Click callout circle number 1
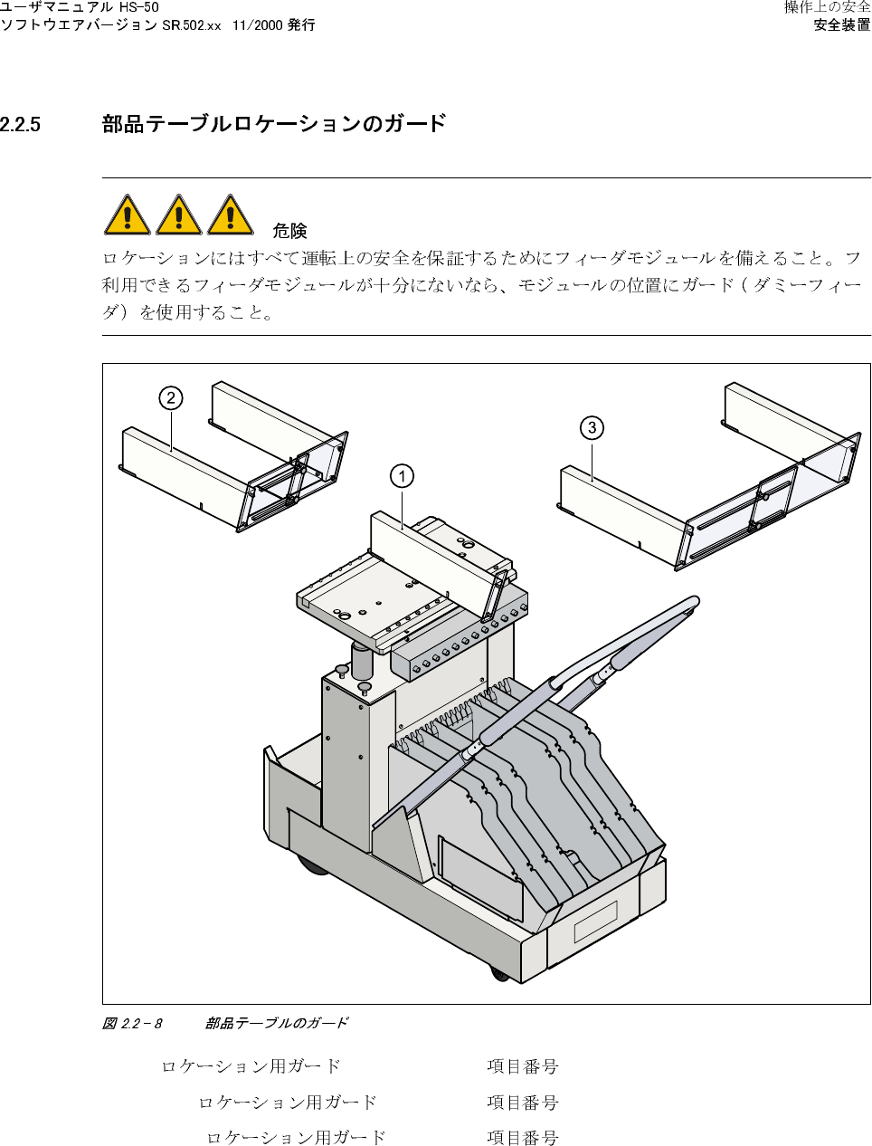(x=402, y=476)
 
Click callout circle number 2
(x=170, y=398)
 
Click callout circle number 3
(x=592, y=427)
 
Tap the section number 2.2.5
(x=21, y=125)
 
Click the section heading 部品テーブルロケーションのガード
(x=274, y=124)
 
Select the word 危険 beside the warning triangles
(x=289, y=231)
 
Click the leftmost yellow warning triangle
(x=128, y=215)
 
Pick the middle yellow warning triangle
(x=179, y=215)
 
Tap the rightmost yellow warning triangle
(x=231, y=215)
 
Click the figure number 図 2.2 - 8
(x=132, y=1023)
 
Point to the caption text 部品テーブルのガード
(x=276, y=1023)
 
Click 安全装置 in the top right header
(x=842, y=25)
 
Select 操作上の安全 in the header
(x=827, y=7)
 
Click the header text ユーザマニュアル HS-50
(x=80, y=7)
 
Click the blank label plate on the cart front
(x=595, y=921)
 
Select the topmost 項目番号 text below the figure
(x=523, y=1066)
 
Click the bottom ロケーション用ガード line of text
(x=296, y=1138)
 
